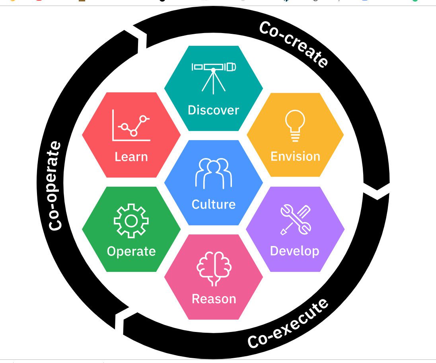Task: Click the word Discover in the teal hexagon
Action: [x=213, y=110]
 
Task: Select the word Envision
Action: [x=295, y=156]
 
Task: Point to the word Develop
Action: [x=294, y=251]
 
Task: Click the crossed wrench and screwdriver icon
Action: [x=295, y=219]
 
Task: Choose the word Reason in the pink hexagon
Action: [x=214, y=299]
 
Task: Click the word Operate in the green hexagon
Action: [x=131, y=252]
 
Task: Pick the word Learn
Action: [x=131, y=157]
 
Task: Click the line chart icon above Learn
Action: [x=132, y=125]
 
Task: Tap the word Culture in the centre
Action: [x=214, y=204]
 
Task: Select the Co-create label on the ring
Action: [x=294, y=44]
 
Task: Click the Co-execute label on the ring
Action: [x=288, y=323]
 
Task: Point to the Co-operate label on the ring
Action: [x=55, y=185]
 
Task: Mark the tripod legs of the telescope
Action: [x=213, y=84]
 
